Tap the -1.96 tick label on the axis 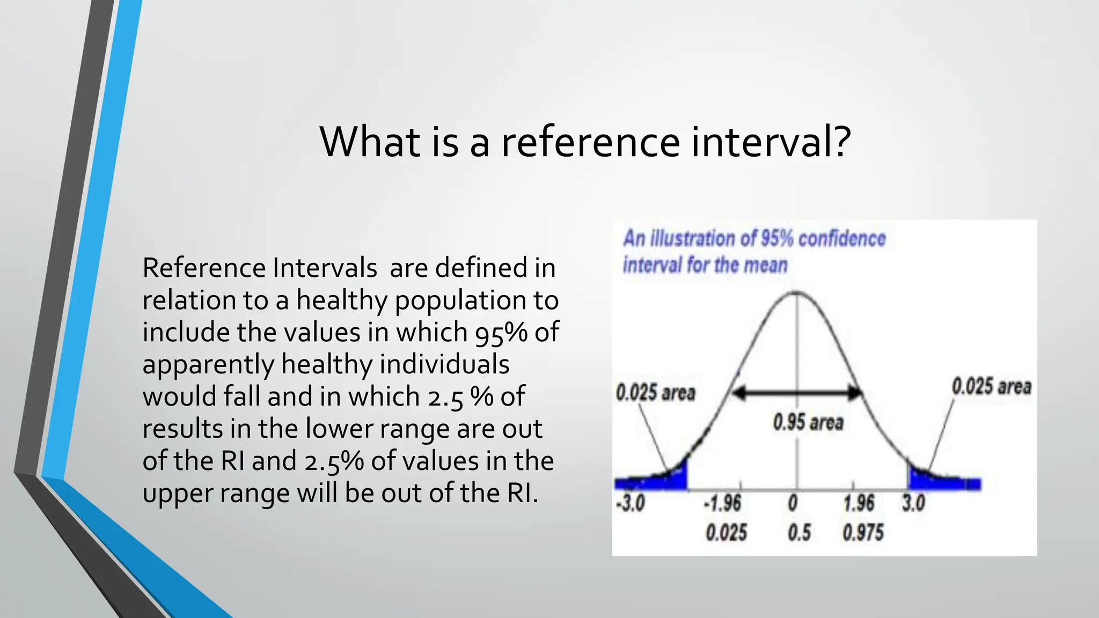(722, 504)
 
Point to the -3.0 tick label (631, 504)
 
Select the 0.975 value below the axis (863, 533)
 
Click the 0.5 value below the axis (798, 533)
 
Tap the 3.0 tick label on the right (913, 503)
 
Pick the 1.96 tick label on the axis (859, 503)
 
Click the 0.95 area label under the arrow (808, 423)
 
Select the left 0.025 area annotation (655, 393)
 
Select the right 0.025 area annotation (991, 386)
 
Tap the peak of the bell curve (796, 293)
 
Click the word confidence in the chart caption (841, 239)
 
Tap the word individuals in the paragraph (444, 364)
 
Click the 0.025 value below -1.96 (726, 533)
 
